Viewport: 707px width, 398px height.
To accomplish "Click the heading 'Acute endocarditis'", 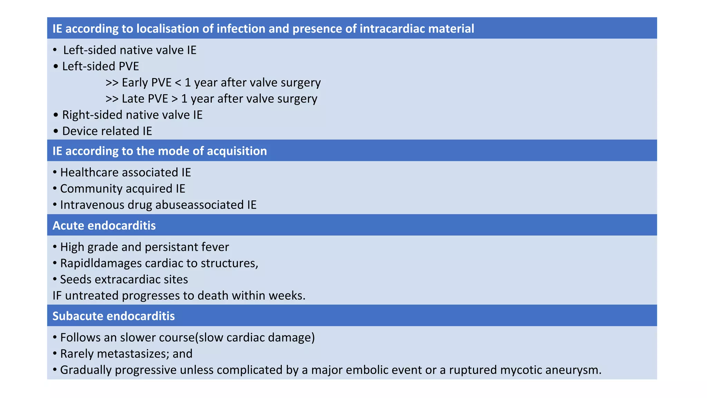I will point(104,226).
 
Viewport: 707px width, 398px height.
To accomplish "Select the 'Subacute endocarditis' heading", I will point(114,316).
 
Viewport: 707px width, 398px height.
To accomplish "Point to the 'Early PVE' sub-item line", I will point(213,83).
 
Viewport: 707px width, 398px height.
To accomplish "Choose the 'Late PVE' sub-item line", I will point(211,99).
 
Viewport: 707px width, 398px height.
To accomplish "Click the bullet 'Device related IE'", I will point(107,131).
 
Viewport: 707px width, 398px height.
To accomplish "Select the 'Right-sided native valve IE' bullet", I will point(132,115).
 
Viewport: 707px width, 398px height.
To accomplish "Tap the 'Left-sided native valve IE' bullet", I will point(129,50).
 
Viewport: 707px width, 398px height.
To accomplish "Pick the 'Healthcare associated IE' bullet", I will point(125,172).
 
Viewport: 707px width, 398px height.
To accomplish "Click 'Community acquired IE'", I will point(123,189).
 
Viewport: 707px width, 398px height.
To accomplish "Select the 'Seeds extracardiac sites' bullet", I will point(124,279).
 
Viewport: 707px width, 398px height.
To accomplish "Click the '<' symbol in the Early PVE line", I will point(178,83).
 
